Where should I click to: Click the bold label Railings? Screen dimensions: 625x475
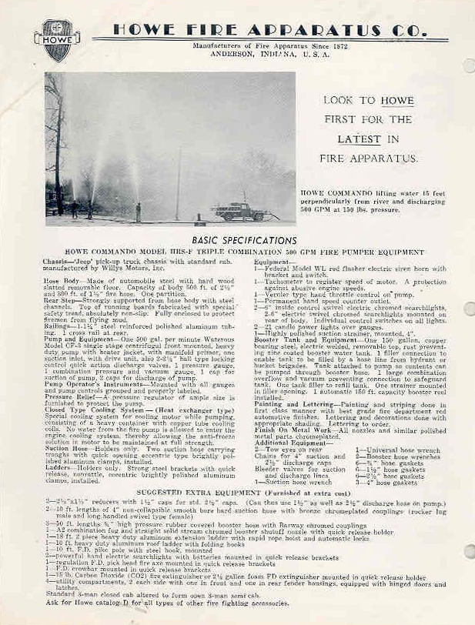pos(60,326)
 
